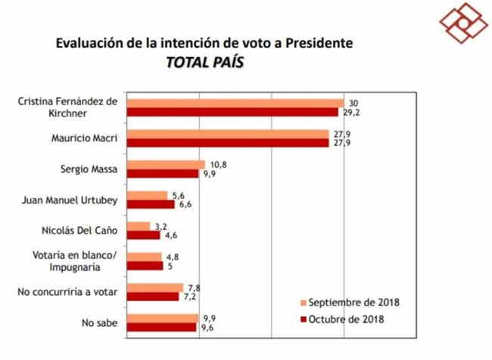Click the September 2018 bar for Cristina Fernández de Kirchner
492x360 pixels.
click(235, 103)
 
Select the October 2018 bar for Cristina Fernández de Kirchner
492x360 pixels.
click(232, 112)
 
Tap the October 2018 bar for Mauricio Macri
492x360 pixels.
click(227, 143)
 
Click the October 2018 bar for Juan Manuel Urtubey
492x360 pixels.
click(150, 204)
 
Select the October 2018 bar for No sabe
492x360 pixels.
click(162, 327)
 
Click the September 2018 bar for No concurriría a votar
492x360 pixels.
click(154, 287)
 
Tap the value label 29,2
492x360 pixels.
click(349, 113)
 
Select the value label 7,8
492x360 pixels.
click(194, 287)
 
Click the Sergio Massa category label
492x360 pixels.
click(89, 169)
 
